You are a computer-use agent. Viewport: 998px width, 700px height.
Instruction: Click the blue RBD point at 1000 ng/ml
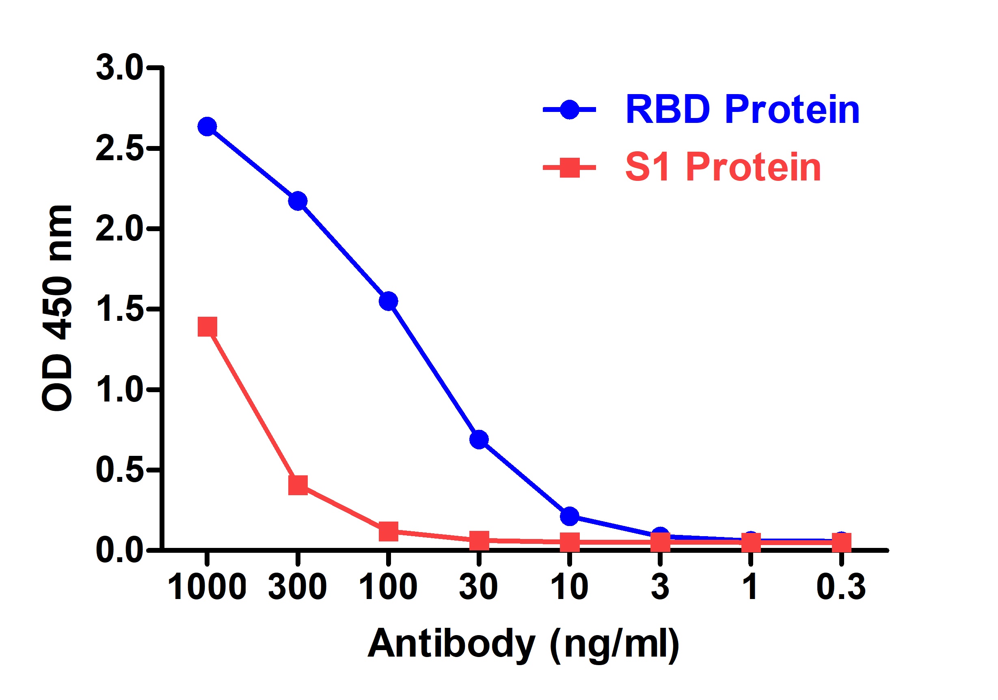[207, 127]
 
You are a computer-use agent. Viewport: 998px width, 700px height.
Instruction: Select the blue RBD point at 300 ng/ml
[298, 201]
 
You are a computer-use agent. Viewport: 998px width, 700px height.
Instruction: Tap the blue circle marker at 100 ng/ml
[388, 301]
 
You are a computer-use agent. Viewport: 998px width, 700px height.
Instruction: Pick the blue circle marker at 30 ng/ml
[479, 440]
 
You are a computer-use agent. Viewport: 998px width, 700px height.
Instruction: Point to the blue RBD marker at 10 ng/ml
[569, 516]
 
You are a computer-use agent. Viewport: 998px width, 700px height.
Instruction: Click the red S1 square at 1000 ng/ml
[207, 326]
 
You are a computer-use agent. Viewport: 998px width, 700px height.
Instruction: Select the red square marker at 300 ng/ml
[298, 485]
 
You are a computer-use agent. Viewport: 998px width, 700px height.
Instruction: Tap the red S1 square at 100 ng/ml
[388, 531]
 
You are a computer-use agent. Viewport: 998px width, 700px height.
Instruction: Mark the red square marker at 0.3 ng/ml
[841, 542]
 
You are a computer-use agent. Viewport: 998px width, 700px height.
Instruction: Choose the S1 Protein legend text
[723, 167]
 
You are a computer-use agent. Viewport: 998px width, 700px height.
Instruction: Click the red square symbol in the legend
[569, 167]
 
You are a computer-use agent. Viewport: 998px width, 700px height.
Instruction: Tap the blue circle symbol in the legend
[569, 110]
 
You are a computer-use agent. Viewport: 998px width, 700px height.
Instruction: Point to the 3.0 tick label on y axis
[119, 68]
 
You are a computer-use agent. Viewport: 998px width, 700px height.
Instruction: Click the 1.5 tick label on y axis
[119, 309]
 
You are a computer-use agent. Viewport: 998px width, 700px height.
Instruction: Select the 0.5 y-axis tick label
[119, 470]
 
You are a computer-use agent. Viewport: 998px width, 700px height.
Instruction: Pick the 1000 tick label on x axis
[207, 587]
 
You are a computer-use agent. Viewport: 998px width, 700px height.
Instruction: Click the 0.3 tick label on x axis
[841, 587]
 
